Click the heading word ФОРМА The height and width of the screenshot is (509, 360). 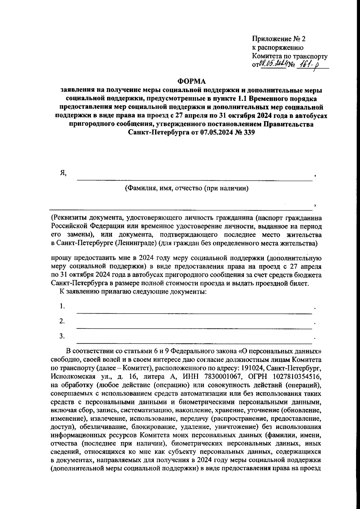[x=192, y=81]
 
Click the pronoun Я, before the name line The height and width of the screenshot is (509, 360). [x=63, y=173]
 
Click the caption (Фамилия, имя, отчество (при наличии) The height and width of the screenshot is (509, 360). [x=187, y=188]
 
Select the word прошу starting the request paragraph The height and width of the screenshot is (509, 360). [x=60, y=258]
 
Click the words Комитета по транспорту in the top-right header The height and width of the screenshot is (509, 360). [x=289, y=56]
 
